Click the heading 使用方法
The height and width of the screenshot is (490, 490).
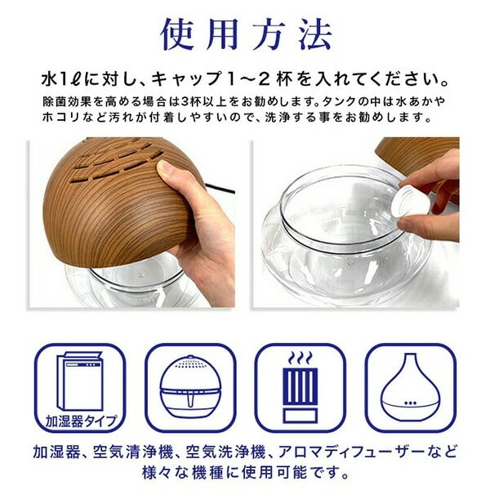click(246, 35)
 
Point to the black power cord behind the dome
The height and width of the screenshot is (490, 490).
click(220, 189)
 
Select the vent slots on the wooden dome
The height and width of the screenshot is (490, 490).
click(118, 159)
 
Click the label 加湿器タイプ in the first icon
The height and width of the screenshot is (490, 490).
click(82, 421)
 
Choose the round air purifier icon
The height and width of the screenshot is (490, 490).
click(190, 387)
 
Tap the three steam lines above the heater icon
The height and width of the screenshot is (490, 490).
click(300, 359)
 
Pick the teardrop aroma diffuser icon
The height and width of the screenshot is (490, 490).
click(410, 387)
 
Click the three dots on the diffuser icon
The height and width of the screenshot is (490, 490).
click(410, 403)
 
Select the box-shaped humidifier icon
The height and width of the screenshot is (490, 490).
click(80, 381)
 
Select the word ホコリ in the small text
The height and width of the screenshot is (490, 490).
click(59, 118)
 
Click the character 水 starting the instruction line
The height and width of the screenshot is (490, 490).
click(49, 80)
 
